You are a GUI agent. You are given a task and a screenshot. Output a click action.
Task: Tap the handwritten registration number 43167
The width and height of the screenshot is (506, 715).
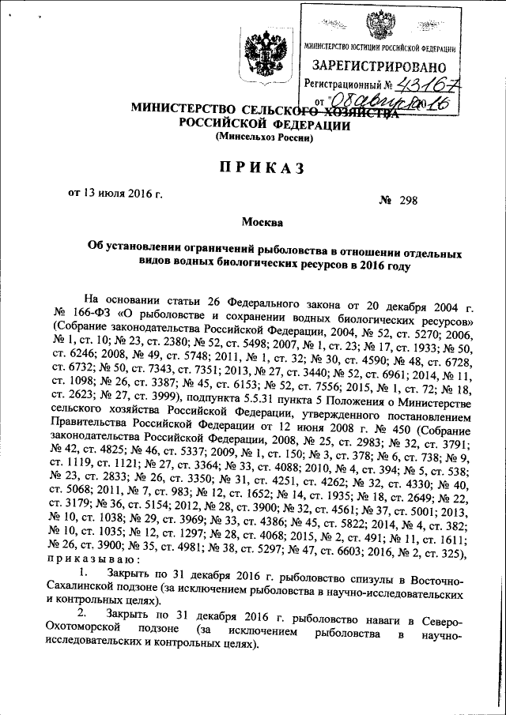point(432,83)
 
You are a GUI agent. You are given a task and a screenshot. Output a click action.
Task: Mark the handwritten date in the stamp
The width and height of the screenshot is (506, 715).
point(391,102)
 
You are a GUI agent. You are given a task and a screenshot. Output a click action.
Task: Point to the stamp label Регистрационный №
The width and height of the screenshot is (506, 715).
point(348,84)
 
